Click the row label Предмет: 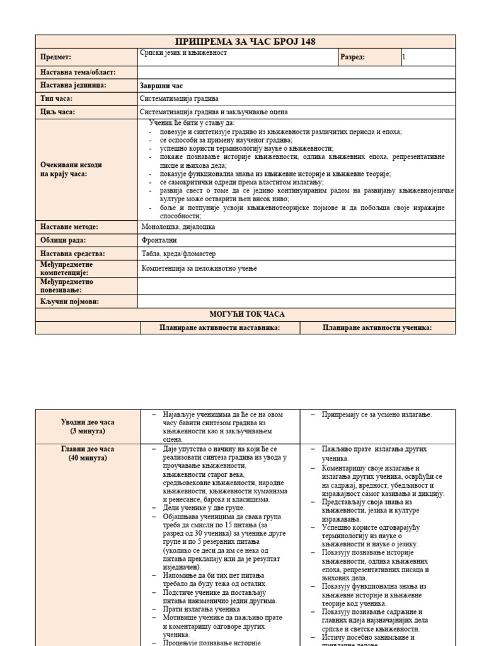pyautogui.click(x=56, y=57)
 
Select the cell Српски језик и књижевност pyautogui.click(x=183, y=54)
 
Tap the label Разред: pyautogui.click(x=352, y=57)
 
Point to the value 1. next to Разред pyautogui.click(x=405, y=57)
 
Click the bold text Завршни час pyautogui.click(x=161, y=85)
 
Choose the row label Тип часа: pyautogui.click(x=57, y=98)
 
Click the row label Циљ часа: pyautogui.click(x=57, y=112)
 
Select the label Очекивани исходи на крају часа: pyautogui.click(x=71, y=169)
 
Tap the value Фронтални pyautogui.click(x=160, y=240)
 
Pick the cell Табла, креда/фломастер pyautogui.click(x=179, y=254)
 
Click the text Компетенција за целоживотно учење pyautogui.click(x=199, y=268)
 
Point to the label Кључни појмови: pyautogui.click(x=70, y=302)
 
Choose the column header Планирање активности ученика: pyautogui.click(x=377, y=327)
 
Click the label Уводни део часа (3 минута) pyautogui.click(x=88, y=426)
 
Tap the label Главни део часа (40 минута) pyautogui.click(x=88, y=454)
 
